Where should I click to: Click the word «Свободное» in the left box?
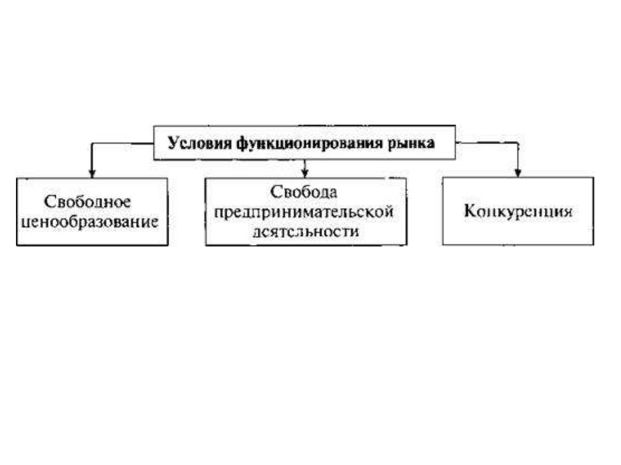[87, 201]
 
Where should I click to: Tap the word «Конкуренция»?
[519, 212]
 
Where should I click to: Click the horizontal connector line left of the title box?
[121, 144]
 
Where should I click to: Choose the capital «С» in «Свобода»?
[275, 193]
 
